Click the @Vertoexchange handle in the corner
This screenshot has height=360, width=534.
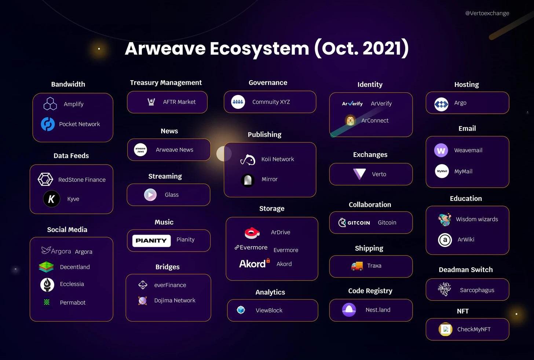pos(487,13)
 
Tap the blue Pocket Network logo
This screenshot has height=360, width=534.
pos(48,124)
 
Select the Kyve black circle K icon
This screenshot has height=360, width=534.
pos(51,199)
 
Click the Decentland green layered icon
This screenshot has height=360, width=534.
pos(46,267)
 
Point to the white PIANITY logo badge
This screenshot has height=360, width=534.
pos(151,240)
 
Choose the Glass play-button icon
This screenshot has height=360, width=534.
pos(150,195)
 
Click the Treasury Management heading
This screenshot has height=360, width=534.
pos(166,83)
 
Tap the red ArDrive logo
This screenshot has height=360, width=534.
pos(252,233)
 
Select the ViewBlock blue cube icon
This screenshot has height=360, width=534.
pos(241,310)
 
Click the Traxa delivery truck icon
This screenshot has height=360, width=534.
pos(357,266)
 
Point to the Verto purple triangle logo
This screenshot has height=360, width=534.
pos(359,174)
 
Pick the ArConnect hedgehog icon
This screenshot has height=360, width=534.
pos(350,120)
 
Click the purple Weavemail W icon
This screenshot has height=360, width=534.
pos(441,150)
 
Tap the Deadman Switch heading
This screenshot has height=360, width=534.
pos(465,270)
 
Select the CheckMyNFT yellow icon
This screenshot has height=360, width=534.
pos(445,329)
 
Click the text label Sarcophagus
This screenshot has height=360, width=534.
pos(477,290)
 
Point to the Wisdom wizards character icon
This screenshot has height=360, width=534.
pos(445,220)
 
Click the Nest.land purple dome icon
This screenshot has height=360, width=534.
pos(349,310)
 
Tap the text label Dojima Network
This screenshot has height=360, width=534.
pos(175,301)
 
